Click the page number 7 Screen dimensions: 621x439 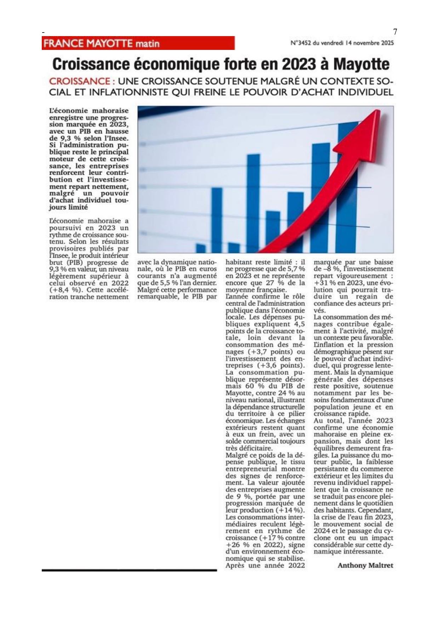(x=395, y=32)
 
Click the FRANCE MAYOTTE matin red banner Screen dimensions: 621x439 (x=138, y=43)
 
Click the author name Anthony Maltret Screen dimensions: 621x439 (x=365, y=565)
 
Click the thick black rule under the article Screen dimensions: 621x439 (x=129, y=570)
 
